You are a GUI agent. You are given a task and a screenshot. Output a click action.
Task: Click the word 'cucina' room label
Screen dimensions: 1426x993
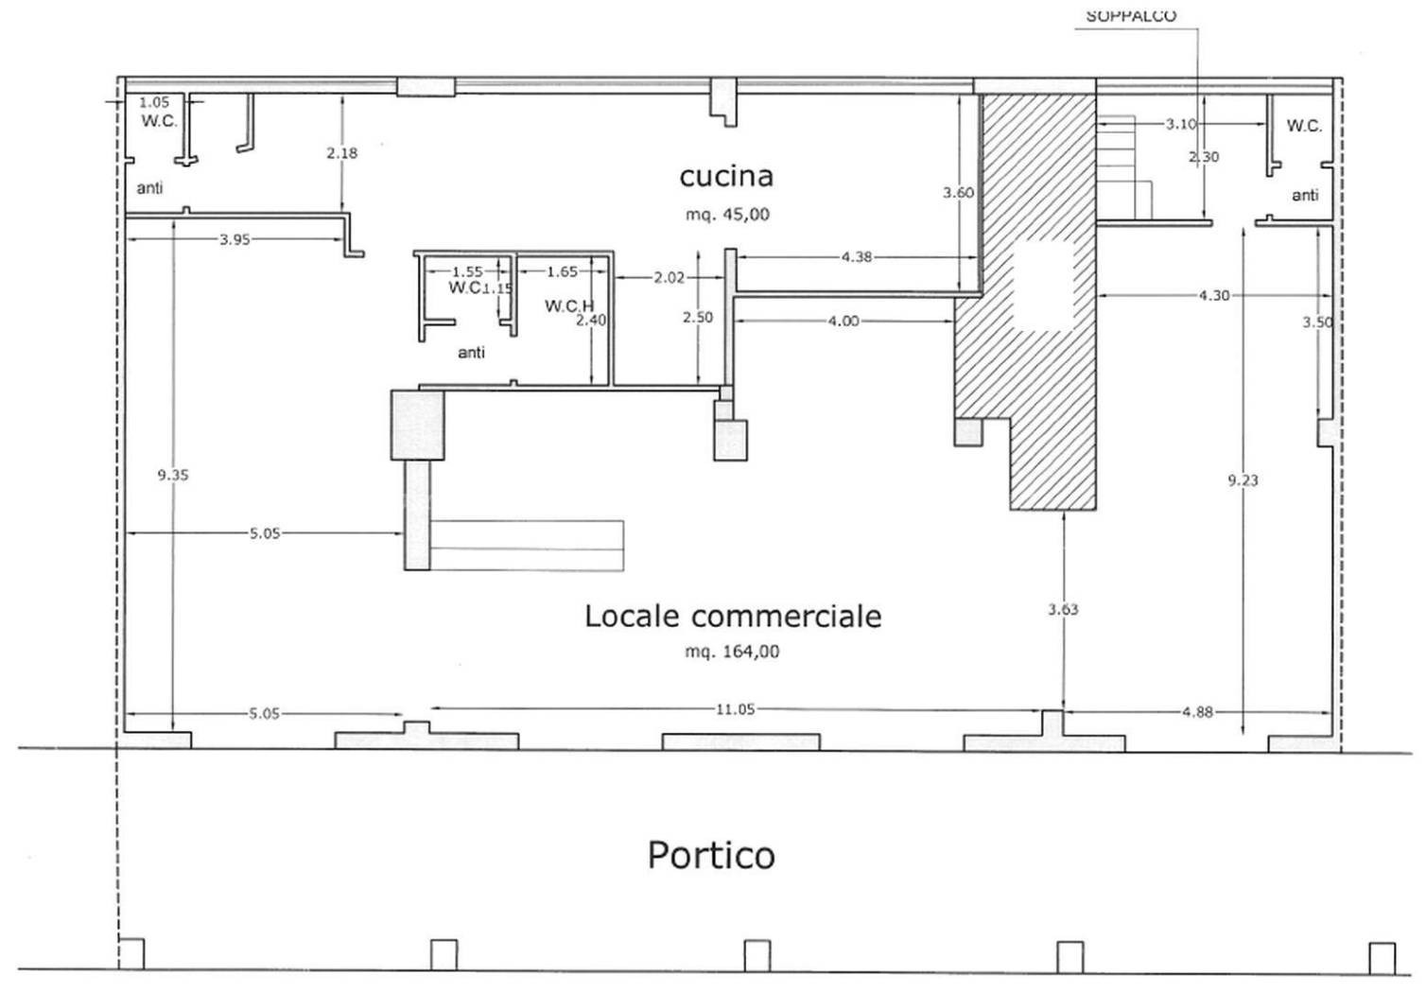click(x=726, y=176)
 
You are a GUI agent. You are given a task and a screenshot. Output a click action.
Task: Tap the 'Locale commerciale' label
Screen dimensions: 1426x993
click(x=733, y=617)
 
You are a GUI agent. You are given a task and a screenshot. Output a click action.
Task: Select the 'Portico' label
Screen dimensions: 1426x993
click(x=711, y=856)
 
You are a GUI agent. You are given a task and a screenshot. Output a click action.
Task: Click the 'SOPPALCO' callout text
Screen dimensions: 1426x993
click(x=1131, y=17)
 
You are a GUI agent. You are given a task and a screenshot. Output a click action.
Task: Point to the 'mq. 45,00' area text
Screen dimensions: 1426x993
click(x=727, y=215)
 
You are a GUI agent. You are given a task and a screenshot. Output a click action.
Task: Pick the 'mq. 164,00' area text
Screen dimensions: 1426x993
click(x=732, y=652)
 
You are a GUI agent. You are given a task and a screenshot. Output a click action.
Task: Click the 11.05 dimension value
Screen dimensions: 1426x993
click(x=736, y=709)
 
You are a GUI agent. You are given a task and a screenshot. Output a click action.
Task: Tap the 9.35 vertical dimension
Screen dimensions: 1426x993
click(x=173, y=475)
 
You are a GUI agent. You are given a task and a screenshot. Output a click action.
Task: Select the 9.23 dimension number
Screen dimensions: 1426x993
click(x=1243, y=480)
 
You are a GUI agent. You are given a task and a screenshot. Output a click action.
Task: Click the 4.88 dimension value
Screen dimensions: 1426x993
click(x=1197, y=712)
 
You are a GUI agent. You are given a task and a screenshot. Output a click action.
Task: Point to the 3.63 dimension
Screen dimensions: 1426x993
click(x=1063, y=610)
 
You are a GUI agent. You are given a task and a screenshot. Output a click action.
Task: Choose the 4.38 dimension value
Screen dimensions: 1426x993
click(x=856, y=257)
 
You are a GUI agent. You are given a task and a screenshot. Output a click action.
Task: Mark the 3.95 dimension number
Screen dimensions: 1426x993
click(x=235, y=240)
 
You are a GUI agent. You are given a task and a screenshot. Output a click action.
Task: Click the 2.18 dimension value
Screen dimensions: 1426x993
click(x=342, y=153)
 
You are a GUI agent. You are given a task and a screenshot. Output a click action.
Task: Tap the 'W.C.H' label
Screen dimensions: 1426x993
click(x=569, y=306)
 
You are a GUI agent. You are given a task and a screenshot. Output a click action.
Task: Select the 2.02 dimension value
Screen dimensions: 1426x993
click(x=670, y=277)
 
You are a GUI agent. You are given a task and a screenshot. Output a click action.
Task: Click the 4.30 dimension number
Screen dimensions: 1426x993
click(x=1214, y=295)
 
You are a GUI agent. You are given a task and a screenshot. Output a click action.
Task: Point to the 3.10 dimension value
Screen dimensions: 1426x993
click(x=1181, y=124)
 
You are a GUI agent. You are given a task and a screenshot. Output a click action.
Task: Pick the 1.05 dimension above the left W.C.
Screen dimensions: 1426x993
click(x=154, y=102)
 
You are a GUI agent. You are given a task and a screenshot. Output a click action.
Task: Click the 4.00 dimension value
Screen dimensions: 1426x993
click(x=843, y=322)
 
